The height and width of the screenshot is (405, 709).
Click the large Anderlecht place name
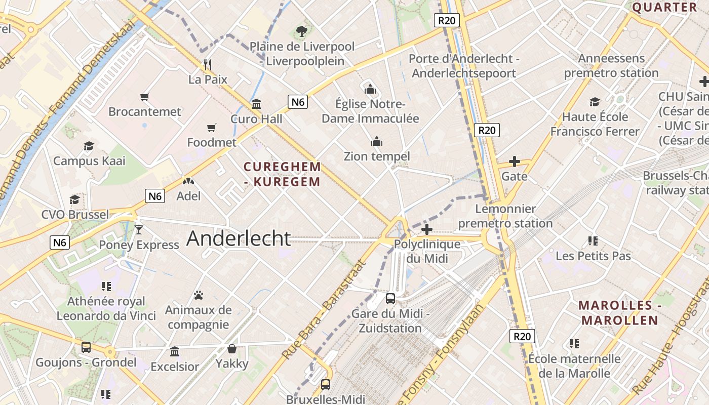(239, 238)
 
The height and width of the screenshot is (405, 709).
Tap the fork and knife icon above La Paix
(207, 64)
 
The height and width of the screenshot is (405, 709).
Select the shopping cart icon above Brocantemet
(145, 97)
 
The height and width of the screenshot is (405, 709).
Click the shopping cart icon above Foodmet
(211, 128)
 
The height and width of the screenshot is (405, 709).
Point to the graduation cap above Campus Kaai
(89, 146)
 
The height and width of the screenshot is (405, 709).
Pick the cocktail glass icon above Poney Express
(139, 230)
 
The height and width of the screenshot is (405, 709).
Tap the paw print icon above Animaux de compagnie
(199, 295)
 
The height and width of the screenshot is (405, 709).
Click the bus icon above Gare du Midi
(390, 298)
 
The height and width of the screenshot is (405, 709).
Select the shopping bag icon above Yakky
(232, 349)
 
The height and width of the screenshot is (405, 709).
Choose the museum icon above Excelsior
(175, 351)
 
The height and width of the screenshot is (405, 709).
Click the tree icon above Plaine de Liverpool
(302, 31)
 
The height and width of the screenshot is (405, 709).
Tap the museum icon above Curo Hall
(256, 104)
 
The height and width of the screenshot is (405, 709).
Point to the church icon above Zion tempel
(377, 141)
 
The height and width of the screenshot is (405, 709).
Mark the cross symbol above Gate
(514, 162)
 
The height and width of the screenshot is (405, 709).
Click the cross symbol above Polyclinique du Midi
(427, 229)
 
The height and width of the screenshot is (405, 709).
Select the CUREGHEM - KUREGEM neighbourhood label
(282, 174)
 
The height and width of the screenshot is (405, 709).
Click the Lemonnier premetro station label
(505, 216)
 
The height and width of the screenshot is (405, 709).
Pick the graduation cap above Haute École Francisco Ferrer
(595, 102)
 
